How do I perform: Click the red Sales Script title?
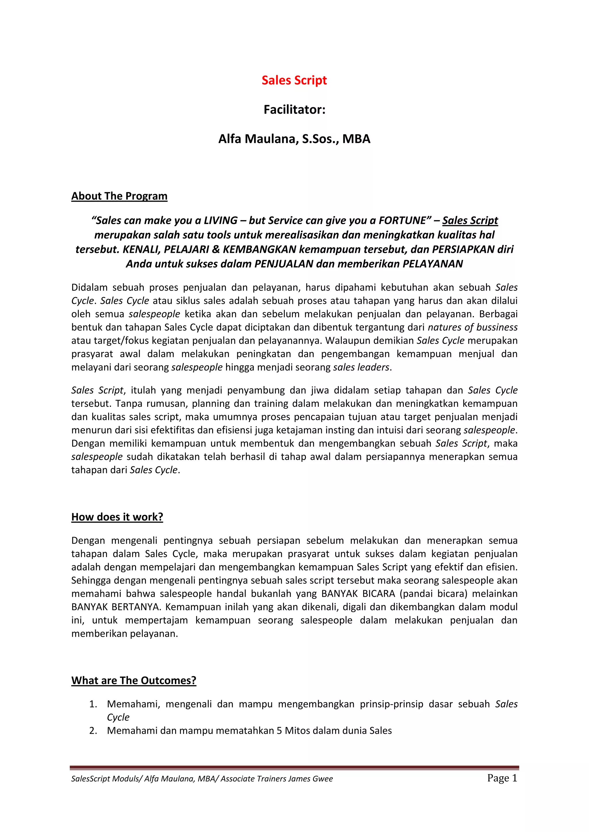[x=294, y=80]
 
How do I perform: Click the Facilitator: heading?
[x=294, y=109]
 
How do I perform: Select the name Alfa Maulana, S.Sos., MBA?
[x=294, y=139]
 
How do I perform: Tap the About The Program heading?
[x=119, y=196]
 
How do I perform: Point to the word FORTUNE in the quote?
[x=402, y=220]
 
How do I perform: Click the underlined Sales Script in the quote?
[x=470, y=220]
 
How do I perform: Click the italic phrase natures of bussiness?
[x=473, y=327]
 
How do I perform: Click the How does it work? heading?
[x=117, y=517]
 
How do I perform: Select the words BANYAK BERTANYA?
[x=115, y=607]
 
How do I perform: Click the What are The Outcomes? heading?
[x=134, y=681]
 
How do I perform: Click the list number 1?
[x=93, y=704]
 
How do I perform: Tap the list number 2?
[x=93, y=731]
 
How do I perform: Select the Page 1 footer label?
[x=502, y=778]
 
